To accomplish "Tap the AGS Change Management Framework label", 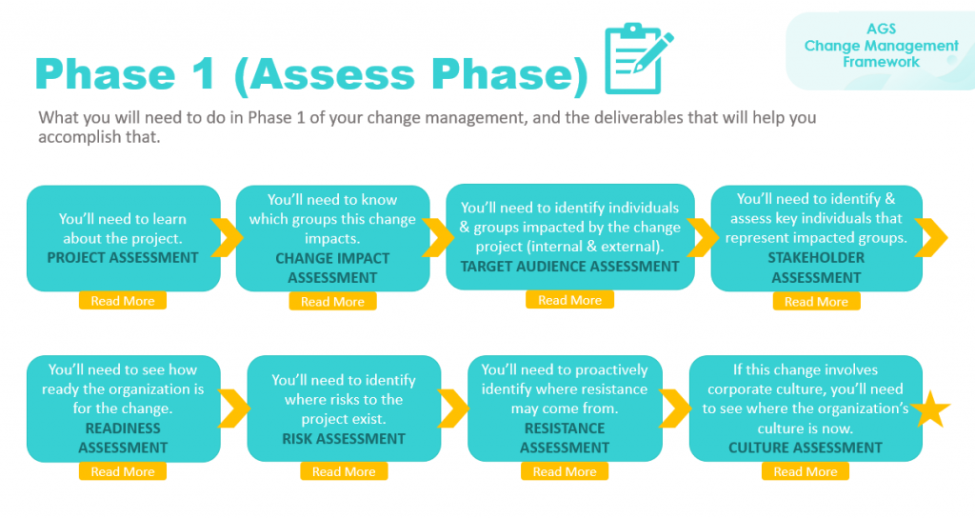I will point(881,46).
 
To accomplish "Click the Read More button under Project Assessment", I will point(122,301).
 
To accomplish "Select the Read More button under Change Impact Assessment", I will point(332,302).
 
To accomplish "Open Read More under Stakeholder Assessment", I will point(816,302).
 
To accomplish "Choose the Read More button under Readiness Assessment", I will point(122,471).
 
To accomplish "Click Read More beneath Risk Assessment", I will point(344,471).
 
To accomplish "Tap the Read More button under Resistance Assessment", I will point(565,471).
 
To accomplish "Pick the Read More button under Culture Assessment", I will point(805,471).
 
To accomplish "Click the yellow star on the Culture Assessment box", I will point(931,409).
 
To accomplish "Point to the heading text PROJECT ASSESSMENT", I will point(124,257).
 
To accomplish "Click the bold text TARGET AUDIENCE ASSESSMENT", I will point(570,267).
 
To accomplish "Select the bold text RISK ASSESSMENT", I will point(344,439).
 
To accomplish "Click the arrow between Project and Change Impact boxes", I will point(227,238).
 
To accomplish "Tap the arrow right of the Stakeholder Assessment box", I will point(933,238).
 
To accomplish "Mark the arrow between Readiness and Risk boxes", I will point(236,408).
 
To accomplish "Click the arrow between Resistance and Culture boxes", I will point(675,408).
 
